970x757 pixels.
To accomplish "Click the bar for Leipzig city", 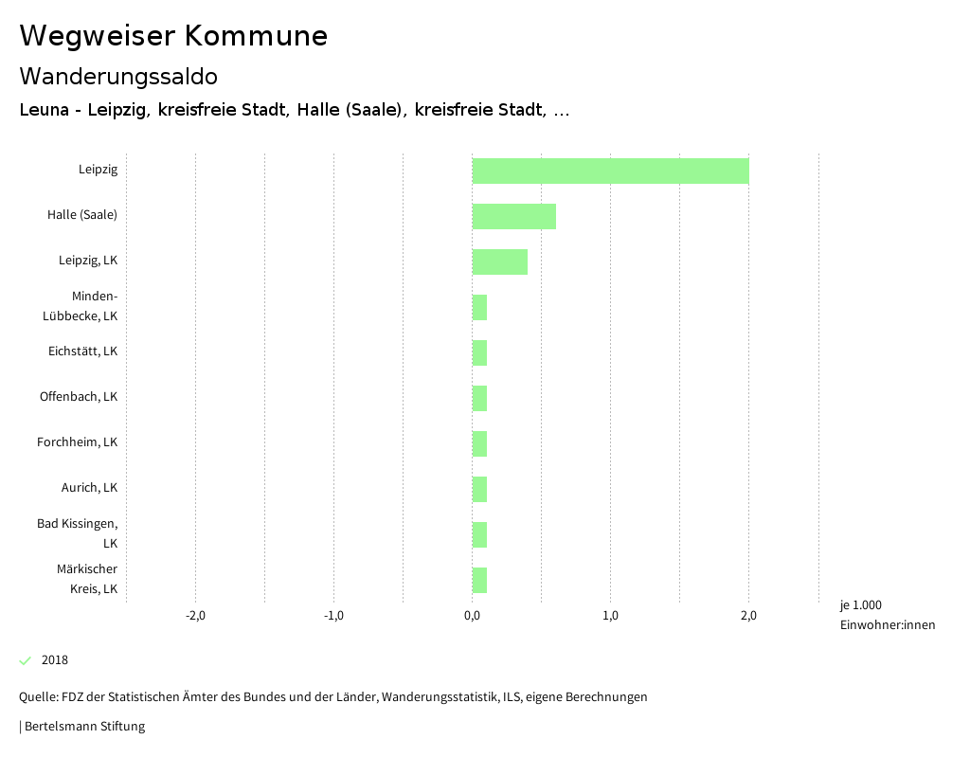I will click(x=610, y=171).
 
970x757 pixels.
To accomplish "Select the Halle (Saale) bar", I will click(x=513, y=216).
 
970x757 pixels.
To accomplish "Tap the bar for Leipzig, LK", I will click(x=499, y=261).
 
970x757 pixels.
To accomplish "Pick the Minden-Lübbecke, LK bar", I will click(x=479, y=307).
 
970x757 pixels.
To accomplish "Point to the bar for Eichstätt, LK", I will click(x=479, y=352).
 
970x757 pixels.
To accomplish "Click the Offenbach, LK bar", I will click(x=479, y=398).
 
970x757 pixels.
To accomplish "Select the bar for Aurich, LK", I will click(x=479, y=489).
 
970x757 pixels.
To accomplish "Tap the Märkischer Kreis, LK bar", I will click(x=479, y=580).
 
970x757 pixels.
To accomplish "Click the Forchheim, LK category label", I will click(x=77, y=442).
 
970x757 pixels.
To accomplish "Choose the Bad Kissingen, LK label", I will click(x=78, y=533).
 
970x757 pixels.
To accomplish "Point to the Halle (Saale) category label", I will click(x=82, y=215).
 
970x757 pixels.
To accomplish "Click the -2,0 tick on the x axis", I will click(x=195, y=616).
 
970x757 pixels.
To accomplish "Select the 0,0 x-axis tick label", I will click(x=472, y=616).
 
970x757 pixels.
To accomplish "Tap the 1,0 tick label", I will click(x=610, y=616).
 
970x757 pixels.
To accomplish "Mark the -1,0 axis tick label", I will click(x=333, y=616).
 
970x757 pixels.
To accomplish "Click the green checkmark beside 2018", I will click(x=26, y=660).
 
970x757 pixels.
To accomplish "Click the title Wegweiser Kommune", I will click(x=173, y=36).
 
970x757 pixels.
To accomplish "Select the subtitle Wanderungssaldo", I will click(x=118, y=76).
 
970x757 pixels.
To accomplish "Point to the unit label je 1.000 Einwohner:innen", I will click(x=887, y=615).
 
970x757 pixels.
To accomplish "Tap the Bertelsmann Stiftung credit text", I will click(x=83, y=727).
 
